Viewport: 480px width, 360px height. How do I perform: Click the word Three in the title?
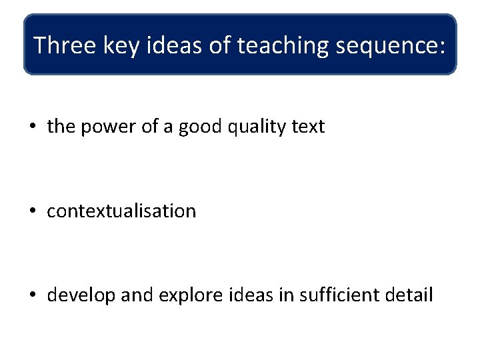[63, 45]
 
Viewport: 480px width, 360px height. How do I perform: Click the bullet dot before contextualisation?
[33, 211]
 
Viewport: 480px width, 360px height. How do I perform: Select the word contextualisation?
[121, 211]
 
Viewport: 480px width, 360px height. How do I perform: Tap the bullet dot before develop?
[33, 295]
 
